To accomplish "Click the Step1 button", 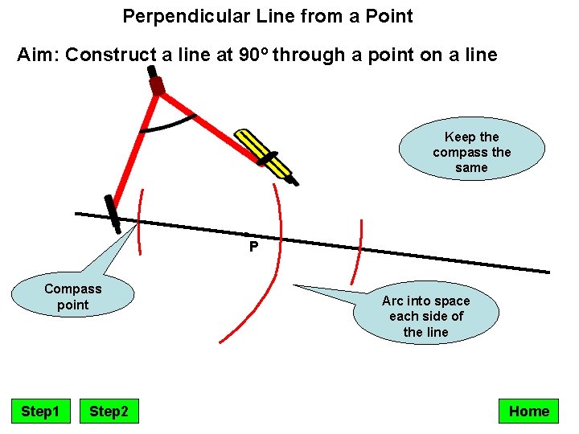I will pyautogui.click(x=40, y=411).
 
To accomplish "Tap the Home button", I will pyautogui.click(x=528, y=411).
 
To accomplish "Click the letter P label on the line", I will pyautogui.click(x=253, y=247).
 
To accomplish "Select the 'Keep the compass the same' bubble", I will pyautogui.click(x=471, y=152).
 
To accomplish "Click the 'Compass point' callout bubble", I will pyautogui.click(x=72, y=297).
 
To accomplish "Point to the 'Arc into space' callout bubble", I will pyautogui.click(x=425, y=316).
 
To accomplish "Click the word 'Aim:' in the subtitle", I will pyautogui.click(x=39, y=55).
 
